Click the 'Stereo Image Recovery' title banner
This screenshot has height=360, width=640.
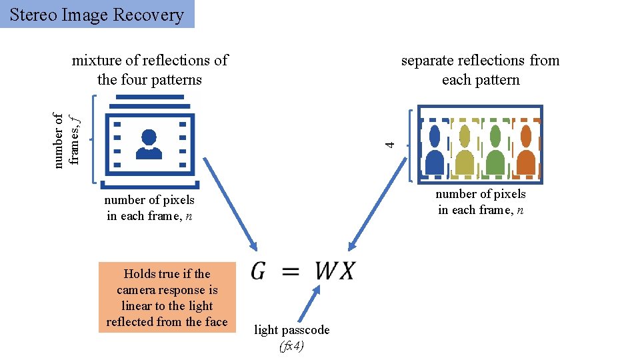[97, 14]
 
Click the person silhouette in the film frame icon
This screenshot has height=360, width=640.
[149, 144]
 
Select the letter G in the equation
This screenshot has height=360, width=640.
[261, 271]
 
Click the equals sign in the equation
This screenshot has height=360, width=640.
[290, 271]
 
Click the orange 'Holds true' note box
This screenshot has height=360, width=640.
[167, 297]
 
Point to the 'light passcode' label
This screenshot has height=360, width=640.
[291, 330]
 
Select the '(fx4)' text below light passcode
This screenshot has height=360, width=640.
[291, 347]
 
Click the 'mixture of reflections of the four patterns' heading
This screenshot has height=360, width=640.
[149, 70]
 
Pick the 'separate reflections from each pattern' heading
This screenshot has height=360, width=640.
[480, 70]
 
